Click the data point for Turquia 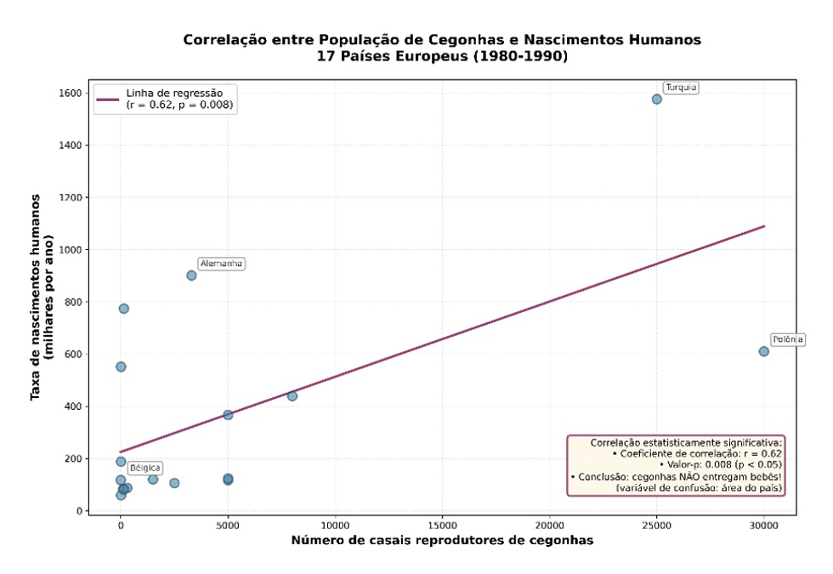click(x=656, y=99)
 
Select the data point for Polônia click(x=763, y=351)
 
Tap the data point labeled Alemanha click(x=191, y=276)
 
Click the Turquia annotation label click(x=681, y=88)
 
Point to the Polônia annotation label click(x=787, y=339)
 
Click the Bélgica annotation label click(x=144, y=469)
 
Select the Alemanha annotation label click(x=221, y=264)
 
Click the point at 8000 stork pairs click(x=292, y=396)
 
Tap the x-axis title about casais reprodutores click(x=442, y=542)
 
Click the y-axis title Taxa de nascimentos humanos click(x=42, y=298)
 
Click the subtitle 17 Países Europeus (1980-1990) click(x=442, y=57)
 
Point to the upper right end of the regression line click(x=763, y=226)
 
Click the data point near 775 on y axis click(x=123, y=309)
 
